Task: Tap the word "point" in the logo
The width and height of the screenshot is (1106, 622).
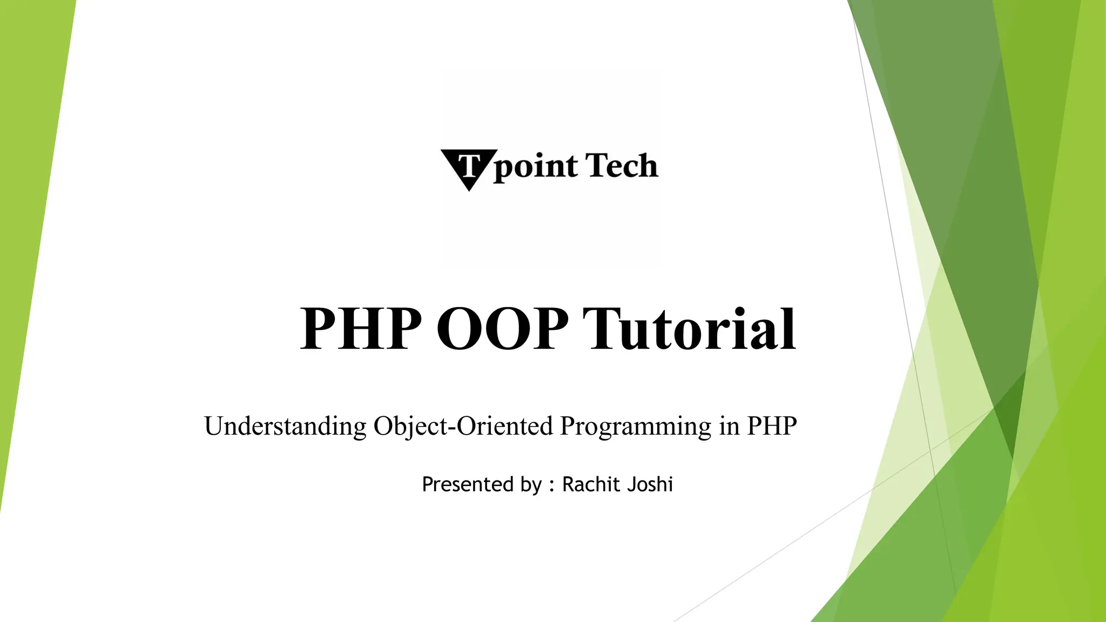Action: click(x=535, y=167)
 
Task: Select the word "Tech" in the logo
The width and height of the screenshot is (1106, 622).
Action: click(x=622, y=165)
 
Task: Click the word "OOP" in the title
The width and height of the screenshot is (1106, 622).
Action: click(x=502, y=328)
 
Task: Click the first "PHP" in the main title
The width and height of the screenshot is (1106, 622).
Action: click(x=361, y=328)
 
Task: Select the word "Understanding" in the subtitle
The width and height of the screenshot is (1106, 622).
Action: click(x=286, y=426)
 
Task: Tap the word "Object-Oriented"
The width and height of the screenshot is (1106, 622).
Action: click(x=463, y=426)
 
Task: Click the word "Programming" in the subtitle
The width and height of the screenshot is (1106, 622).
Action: click(x=636, y=427)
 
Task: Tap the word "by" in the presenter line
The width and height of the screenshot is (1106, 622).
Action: click(x=531, y=485)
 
